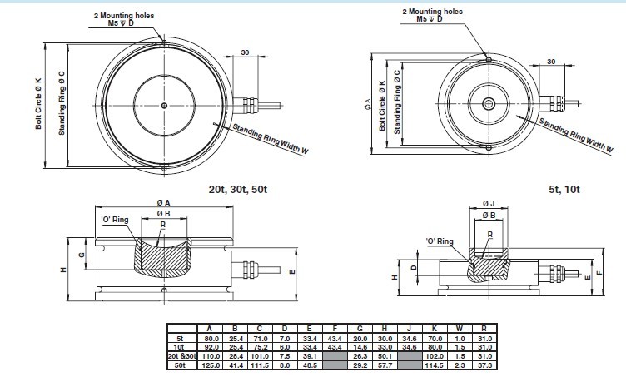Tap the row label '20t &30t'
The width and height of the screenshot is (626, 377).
coord(181,355)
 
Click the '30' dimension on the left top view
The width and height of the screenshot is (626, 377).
coord(245,52)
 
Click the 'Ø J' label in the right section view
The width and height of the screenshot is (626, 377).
coord(489,202)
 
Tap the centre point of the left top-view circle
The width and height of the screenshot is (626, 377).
coord(165,105)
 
